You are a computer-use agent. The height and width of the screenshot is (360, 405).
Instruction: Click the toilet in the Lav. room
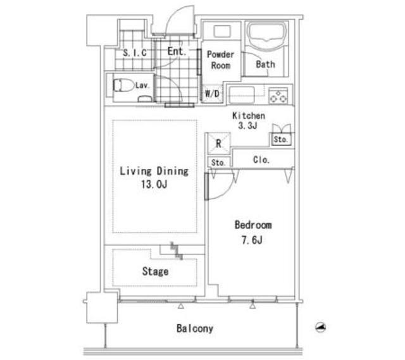123,85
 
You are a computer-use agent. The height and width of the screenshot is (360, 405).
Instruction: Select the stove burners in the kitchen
278,96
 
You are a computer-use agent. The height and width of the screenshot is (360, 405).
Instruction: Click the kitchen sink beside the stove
242,96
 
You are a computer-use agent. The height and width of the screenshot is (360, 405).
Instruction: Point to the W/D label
212,94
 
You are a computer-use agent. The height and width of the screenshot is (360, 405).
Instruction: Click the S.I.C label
135,53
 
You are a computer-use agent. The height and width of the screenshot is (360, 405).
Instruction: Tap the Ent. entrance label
177,51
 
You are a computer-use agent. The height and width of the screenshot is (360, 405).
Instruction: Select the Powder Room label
221,60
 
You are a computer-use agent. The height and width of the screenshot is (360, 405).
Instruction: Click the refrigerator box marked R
219,144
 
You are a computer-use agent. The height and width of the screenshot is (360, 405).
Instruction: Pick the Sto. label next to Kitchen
280,139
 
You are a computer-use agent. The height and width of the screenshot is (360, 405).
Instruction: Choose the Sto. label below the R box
218,163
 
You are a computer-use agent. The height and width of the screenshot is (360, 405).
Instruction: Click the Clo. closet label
261,160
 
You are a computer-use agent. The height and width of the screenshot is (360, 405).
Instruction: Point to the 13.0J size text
154,184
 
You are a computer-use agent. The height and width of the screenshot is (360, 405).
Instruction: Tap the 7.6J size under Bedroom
252,240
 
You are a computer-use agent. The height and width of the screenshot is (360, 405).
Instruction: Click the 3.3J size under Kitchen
247,126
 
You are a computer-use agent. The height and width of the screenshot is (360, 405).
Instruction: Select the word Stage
155,271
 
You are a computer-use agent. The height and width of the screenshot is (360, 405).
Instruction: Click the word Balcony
195,328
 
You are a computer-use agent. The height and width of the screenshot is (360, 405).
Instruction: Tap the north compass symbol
321,328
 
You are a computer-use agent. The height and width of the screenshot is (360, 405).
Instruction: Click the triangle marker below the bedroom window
252,306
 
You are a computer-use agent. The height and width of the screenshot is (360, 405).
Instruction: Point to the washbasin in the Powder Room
222,31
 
